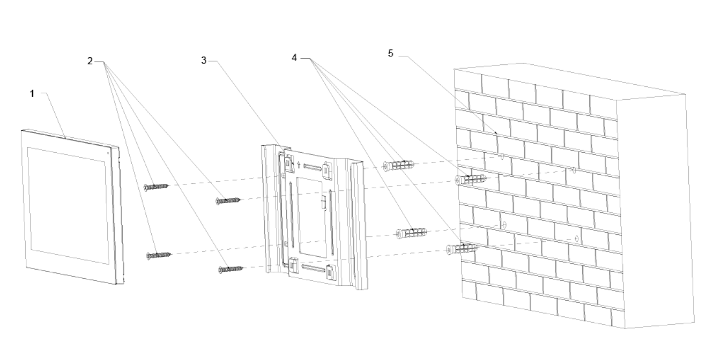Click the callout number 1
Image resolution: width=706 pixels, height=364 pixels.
[32, 93]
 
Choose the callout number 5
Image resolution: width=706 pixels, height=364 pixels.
[391, 54]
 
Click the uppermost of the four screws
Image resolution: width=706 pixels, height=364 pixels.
[156, 187]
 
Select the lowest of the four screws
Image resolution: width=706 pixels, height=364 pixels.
[231, 269]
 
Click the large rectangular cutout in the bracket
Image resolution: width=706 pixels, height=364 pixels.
[310, 214]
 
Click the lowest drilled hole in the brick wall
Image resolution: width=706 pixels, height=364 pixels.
[576, 238]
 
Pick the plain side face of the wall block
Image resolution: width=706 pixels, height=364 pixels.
[654, 209]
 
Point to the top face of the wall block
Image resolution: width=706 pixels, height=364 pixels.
[568, 80]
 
